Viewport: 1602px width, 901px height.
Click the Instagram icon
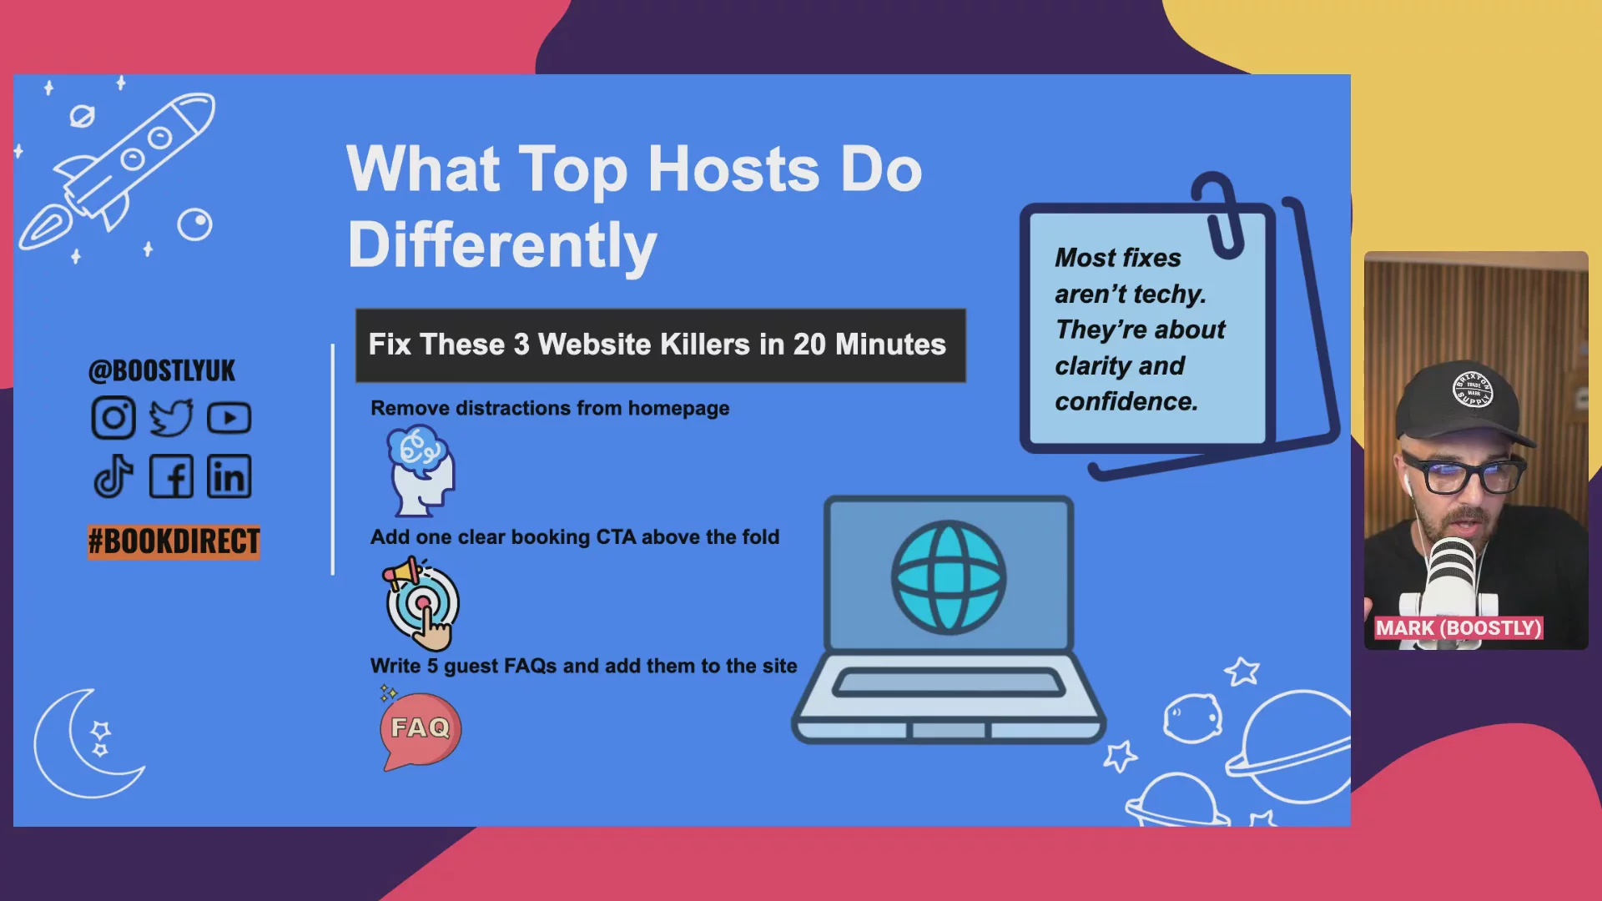pos(113,418)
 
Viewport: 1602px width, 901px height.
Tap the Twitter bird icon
pos(171,418)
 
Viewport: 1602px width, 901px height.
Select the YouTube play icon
pos(229,418)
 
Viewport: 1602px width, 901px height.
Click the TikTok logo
pos(113,476)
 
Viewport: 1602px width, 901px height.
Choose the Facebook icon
pos(171,476)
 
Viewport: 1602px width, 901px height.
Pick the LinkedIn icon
pos(229,476)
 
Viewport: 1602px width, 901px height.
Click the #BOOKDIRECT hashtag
pos(174,541)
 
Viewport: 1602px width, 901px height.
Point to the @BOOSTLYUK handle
pos(162,370)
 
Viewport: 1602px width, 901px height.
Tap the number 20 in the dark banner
pos(809,345)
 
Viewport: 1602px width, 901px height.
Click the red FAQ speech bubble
pos(421,729)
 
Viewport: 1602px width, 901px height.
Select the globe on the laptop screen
pos(949,576)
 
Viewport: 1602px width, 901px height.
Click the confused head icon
pos(421,471)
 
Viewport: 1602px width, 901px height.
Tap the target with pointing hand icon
pos(421,604)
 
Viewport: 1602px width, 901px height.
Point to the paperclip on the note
pos(1220,214)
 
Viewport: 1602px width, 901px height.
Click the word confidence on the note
pos(1126,402)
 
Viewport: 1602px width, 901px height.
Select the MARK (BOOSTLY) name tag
pos(1458,628)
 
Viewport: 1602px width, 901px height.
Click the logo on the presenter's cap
pos(1474,390)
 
